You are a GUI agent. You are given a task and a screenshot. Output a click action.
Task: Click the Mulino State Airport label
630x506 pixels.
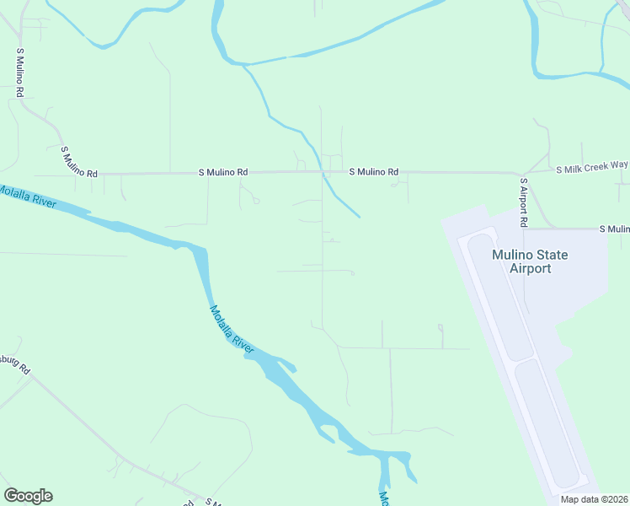(x=530, y=261)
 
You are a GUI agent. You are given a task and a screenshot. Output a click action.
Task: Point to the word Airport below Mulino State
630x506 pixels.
(x=530, y=269)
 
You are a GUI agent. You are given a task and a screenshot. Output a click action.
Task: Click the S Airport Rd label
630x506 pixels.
(x=523, y=202)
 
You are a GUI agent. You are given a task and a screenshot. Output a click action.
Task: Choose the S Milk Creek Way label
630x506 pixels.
(x=592, y=169)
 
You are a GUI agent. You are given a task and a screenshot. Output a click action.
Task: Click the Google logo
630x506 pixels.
(x=28, y=496)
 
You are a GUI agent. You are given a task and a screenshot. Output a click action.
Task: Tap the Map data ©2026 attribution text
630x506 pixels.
(x=593, y=499)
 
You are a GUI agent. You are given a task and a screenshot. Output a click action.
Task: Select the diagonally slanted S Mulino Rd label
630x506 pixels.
(x=79, y=161)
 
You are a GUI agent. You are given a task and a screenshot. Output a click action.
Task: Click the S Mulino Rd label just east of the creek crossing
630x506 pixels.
(x=374, y=172)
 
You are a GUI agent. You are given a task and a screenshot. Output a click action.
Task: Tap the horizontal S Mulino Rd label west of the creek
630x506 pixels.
(x=223, y=172)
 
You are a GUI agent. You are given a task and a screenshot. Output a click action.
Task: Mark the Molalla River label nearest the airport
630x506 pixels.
(x=232, y=328)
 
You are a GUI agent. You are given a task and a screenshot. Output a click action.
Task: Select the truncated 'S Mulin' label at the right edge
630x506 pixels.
(x=613, y=229)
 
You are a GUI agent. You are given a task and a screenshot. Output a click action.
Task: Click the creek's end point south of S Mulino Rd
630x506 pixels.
(x=360, y=217)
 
